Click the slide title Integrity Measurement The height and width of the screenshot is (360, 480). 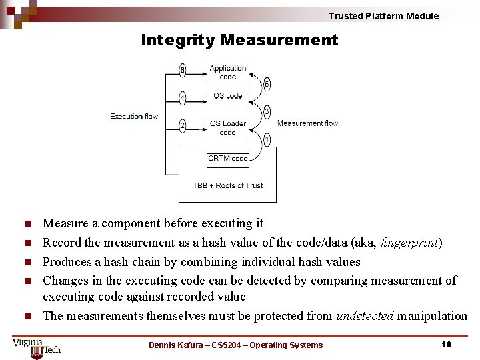click(239, 41)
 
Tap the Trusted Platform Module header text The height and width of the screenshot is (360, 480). click(383, 16)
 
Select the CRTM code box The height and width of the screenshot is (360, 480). click(228, 159)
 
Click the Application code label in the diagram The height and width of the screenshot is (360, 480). click(228, 72)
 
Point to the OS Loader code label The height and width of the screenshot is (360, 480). click(228, 127)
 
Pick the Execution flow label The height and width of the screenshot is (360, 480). click(134, 117)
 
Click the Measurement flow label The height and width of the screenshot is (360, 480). click(307, 123)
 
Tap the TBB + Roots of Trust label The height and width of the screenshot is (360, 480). click(228, 185)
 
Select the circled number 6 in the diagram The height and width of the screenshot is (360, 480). click(183, 69)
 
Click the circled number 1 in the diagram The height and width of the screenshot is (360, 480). click(267, 140)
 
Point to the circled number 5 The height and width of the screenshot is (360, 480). click(267, 85)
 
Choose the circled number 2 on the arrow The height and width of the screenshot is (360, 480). click(183, 125)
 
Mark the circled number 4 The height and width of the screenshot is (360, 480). click(183, 98)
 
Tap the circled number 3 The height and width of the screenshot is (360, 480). click(267, 111)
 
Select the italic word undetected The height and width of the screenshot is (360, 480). click(365, 316)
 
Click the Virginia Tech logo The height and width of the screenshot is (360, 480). click(36, 347)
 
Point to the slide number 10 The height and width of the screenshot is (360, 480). click(447, 345)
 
